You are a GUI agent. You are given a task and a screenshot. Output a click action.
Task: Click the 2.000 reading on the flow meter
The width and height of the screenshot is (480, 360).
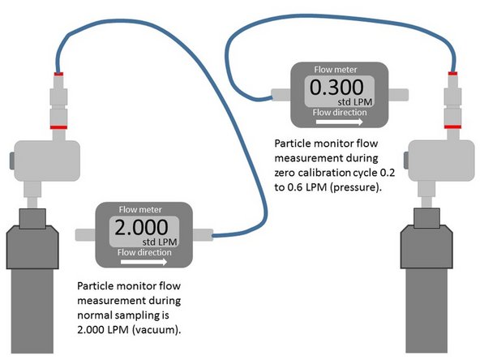(143, 228)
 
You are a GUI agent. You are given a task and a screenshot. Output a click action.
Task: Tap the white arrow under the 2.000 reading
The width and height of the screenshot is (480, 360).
(146, 262)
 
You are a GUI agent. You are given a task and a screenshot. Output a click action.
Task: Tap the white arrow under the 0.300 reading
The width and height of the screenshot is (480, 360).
(338, 123)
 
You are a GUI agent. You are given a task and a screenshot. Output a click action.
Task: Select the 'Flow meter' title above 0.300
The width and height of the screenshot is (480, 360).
(336, 69)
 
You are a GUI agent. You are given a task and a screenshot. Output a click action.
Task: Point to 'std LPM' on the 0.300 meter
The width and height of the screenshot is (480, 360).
(355, 103)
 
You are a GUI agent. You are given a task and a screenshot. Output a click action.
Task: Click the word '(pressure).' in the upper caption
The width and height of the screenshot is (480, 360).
(358, 187)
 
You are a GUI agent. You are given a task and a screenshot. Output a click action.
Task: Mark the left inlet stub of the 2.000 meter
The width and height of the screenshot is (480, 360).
(85, 234)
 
